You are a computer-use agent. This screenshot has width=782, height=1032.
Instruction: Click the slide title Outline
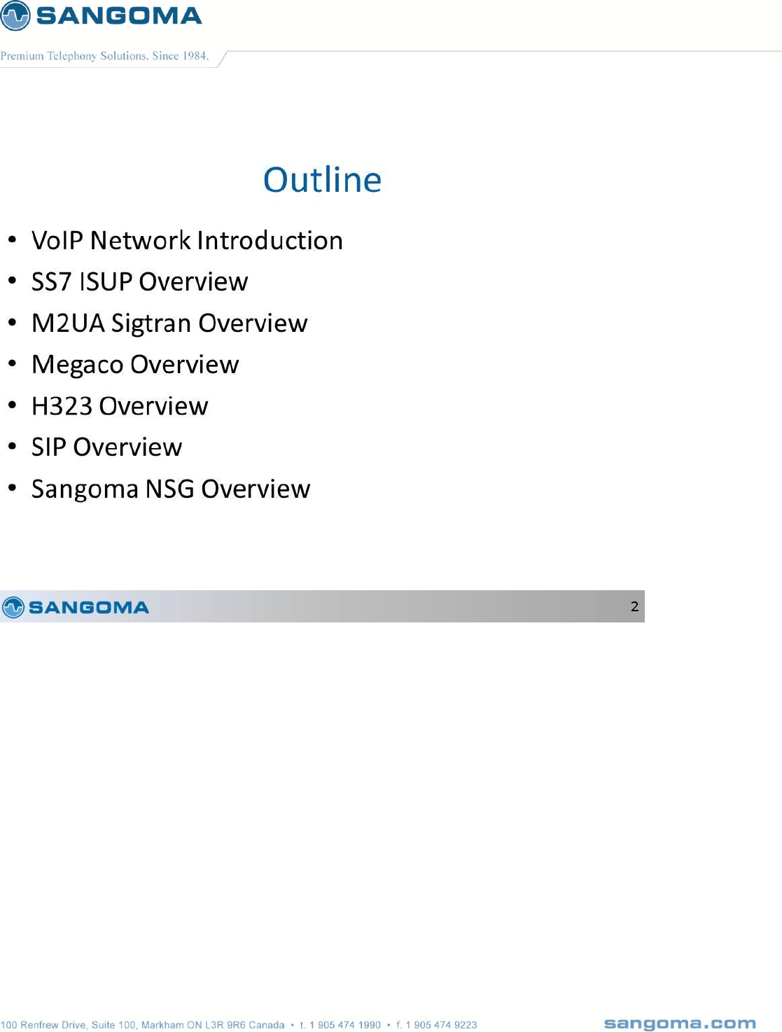322,180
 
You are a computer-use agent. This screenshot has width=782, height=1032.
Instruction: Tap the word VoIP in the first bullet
57,240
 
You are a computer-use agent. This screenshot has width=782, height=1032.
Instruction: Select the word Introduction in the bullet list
270,240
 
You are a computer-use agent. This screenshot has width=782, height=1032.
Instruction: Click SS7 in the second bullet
51,281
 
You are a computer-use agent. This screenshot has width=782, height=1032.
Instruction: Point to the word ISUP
106,281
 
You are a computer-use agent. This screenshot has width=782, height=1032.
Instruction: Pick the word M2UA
68,323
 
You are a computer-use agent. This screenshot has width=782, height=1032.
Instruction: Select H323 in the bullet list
62,406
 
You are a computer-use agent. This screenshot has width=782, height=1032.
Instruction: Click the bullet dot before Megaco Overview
13,363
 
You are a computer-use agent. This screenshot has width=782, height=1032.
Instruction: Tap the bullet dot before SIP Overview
13,446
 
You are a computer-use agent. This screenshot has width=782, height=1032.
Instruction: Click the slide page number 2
634,606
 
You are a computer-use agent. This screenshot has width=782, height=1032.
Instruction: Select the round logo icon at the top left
15,15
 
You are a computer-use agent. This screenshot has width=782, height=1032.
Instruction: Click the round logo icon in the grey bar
13,607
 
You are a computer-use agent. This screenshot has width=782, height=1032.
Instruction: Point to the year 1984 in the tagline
195,56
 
